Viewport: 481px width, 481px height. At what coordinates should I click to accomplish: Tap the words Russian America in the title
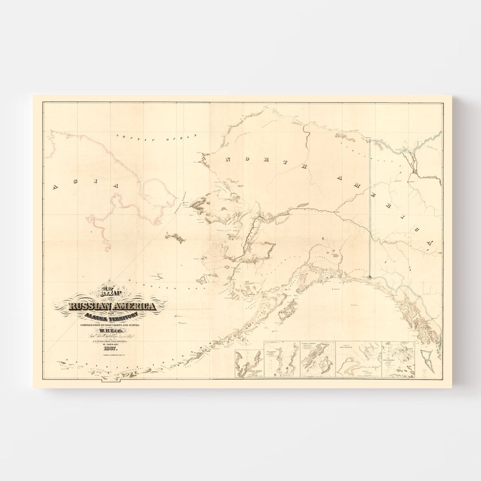(x=107, y=307)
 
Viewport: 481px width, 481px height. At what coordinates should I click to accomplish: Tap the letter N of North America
(x=229, y=159)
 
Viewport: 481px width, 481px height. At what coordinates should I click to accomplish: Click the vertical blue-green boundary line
(x=370, y=211)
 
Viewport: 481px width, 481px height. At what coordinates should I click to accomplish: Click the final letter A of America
(x=429, y=243)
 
